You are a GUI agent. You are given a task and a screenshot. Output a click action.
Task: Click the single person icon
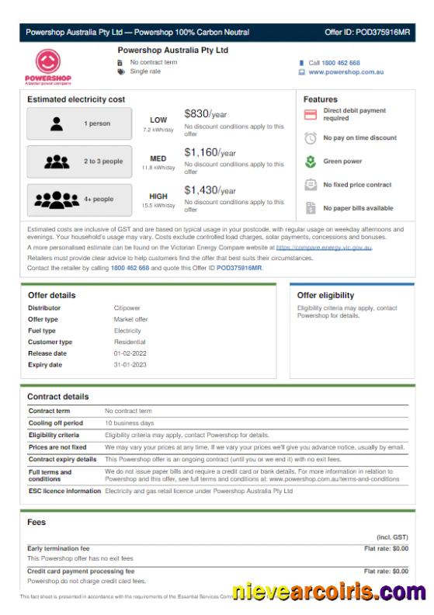click(56, 123)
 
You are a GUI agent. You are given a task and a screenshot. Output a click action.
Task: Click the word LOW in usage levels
click(158, 120)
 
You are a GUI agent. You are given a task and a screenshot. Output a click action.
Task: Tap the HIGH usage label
click(158, 196)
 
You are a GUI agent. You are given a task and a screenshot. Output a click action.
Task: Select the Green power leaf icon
click(311, 162)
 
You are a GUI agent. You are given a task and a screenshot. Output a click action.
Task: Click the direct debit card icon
click(311, 115)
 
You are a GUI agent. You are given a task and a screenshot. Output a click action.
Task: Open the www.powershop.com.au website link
click(346, 72)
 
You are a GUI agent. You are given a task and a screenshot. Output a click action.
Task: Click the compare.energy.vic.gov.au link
click(324, 247)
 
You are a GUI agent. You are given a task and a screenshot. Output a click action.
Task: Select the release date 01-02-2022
click(130, 353)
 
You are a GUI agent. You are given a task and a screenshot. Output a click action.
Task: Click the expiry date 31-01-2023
click(130, 364)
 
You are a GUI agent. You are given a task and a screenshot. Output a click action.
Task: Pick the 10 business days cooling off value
click(129, 423)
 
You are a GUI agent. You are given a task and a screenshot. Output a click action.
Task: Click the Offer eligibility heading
click(325, 295)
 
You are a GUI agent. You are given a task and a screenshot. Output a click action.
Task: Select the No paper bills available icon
click(311, 208)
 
